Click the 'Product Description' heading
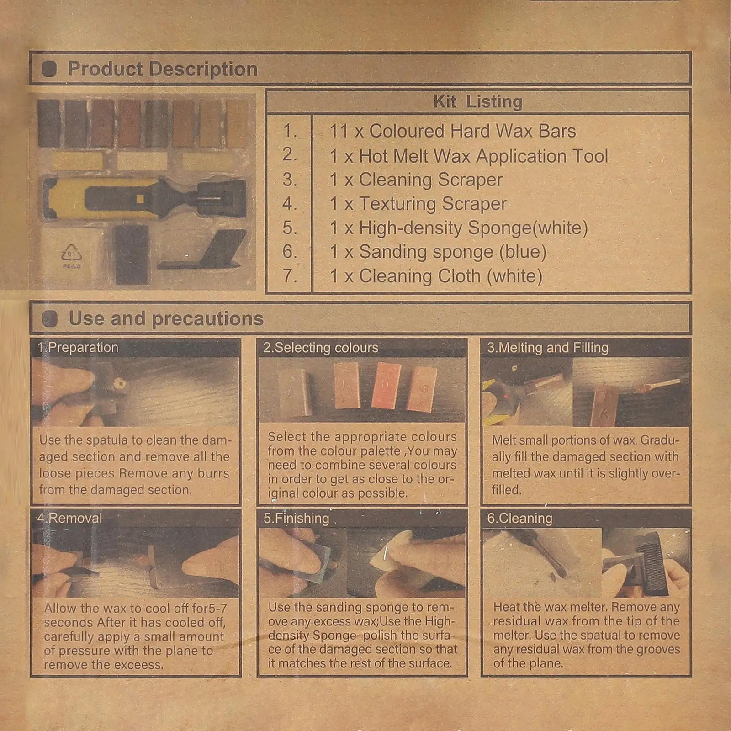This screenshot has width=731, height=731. [x=162, y=69]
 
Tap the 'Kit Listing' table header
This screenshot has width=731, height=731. [x=477, y=101]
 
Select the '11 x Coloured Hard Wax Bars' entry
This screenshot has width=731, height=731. [x=452, y=131]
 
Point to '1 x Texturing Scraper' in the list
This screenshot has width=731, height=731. [x=418, y=204]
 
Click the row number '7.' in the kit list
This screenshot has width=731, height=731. [x=290, y=276]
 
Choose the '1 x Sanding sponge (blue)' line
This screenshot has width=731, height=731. [x=438, y=252]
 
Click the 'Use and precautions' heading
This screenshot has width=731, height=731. [x=166, y=318]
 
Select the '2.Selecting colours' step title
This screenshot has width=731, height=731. [x=320, y=348]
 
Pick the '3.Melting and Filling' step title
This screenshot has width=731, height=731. [x=547, y=348]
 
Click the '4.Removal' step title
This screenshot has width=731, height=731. [x=69, y=518]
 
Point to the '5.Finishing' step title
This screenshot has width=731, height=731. [x=296, y=518]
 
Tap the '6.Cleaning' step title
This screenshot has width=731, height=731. [x=519, y=518]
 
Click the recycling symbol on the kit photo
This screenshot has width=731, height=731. [x=71, y=254]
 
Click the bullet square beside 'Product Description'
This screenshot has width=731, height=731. [x=49, y=69]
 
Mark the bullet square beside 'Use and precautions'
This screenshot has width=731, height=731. [x=50, y=319]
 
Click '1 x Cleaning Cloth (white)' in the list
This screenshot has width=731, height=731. [x=436, y=276]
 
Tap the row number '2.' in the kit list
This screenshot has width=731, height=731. [x=290, y=154]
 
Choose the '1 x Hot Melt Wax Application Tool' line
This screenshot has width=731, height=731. [x=469, y=156]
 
